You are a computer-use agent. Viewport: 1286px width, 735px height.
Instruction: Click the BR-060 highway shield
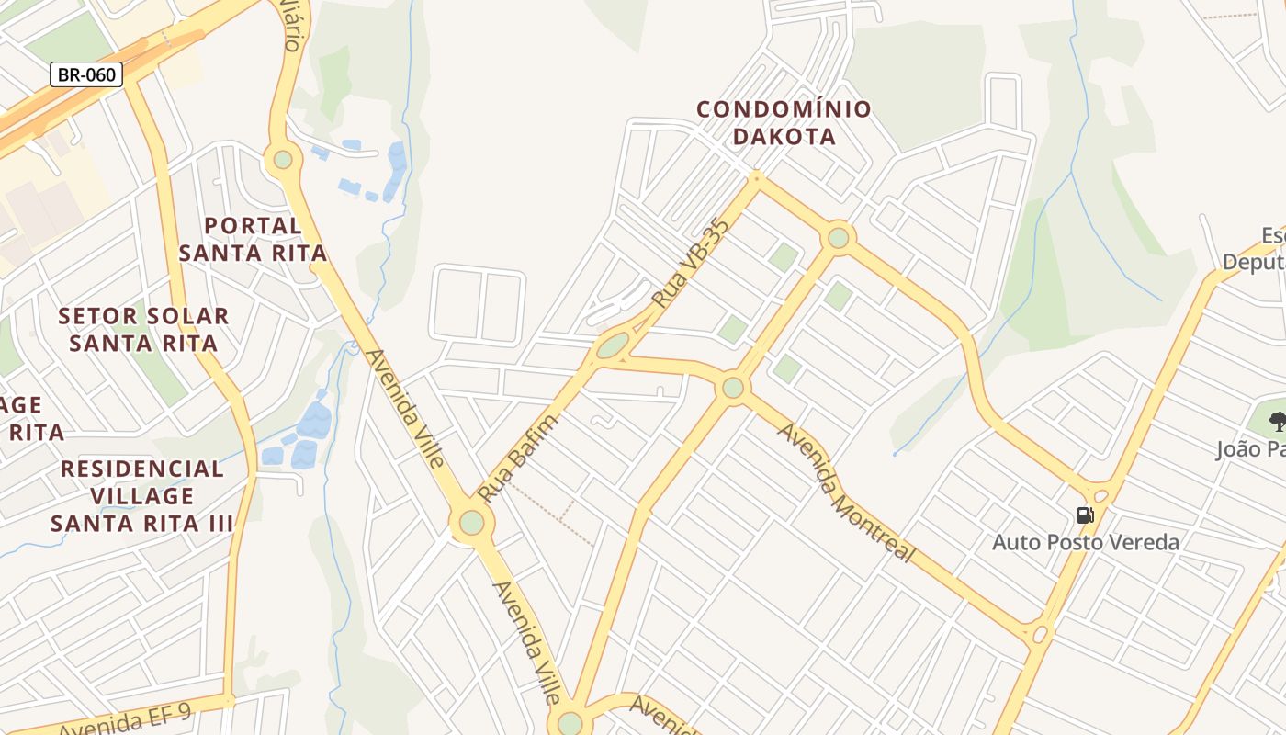pyautogui.click(x=86, y=74)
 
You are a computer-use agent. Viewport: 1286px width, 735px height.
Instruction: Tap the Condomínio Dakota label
pyautogui.click(x=784, y=123)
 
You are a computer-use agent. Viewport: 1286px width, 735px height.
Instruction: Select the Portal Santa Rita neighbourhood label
pyautogui.click(x=253, y=239)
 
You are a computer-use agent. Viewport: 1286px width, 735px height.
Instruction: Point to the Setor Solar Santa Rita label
pyautogui.click(x=143, y=330)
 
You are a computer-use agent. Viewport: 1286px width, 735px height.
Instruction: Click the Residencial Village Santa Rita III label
pyautogui.click(x=141, y=496)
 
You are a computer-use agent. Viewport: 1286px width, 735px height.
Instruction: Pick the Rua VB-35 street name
pyautogui.click(x=690, y=263)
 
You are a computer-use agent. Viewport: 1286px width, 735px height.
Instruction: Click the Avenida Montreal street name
pyautogui.click(x=846, y=492)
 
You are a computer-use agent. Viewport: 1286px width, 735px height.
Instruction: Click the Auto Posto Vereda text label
pyautogui.click(x=1085, y=542)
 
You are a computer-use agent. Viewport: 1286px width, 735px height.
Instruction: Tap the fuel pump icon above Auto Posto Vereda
pyautogui.click(x=1085, y=515)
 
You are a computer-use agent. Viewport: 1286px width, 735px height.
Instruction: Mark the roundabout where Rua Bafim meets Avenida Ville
pyautogui.click(x=471, y=523)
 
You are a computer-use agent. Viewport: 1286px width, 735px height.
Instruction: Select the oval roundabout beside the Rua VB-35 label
pyautogui.click(x=612, y=345)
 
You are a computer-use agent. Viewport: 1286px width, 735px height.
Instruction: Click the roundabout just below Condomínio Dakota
pyautogui.click(x=838, y=238)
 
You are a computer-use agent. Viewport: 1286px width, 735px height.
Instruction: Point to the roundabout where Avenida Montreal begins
pyautogui.click(x=732, y=388)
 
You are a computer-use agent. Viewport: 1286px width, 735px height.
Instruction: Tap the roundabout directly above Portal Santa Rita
pyautogui.click(x=282, y=159)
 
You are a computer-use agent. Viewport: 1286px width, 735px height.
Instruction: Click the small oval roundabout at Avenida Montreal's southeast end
pyautogui.click(x=1040, y=633)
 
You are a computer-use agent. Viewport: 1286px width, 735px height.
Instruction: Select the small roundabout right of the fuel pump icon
pyautogui.click(x=1101, y=496)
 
